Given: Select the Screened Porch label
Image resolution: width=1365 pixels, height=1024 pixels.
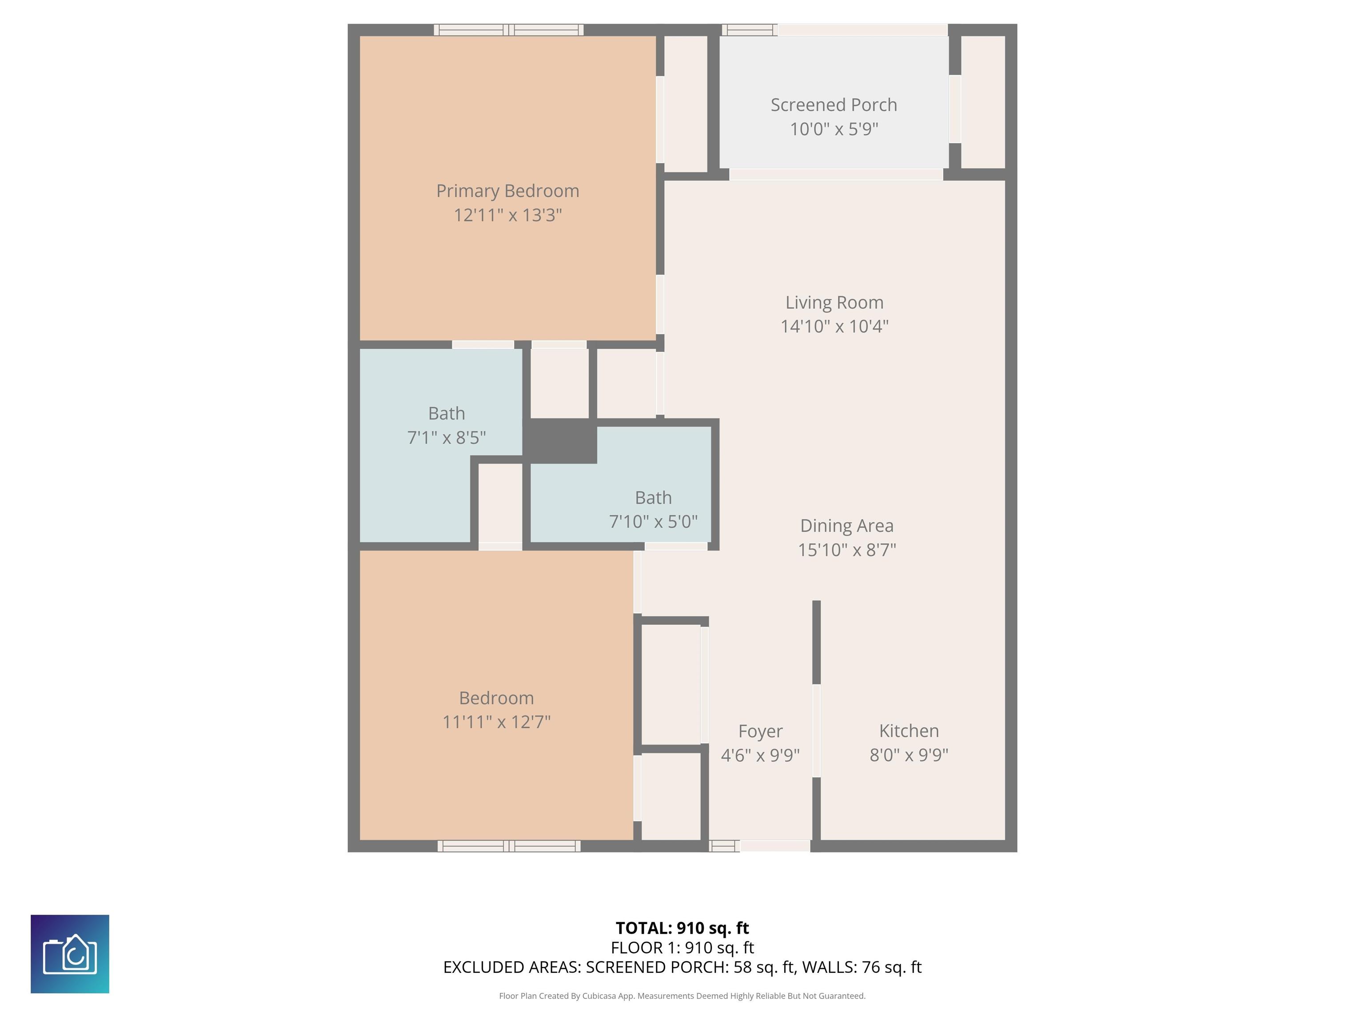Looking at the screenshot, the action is point(834,105).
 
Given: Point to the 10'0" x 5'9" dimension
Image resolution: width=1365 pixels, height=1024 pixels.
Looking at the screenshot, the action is point(834,129).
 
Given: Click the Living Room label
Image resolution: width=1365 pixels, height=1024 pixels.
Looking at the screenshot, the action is point(834,303).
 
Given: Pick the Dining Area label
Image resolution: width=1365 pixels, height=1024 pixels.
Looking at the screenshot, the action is point(846,525).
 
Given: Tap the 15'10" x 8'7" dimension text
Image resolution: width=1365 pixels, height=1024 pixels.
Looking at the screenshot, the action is point(846,549).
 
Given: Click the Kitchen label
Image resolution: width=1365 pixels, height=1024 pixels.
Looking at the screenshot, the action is point(909,730).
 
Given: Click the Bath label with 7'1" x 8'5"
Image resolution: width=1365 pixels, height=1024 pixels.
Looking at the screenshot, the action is point(446,413).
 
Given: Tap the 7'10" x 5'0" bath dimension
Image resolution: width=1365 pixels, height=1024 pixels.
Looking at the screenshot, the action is point(654,522).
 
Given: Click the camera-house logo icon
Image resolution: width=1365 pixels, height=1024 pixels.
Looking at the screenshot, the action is point(70,954).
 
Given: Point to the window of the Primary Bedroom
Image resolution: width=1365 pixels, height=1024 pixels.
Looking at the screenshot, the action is point(508,30).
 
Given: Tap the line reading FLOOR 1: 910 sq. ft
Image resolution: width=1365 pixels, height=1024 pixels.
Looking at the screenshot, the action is point(682,948).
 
